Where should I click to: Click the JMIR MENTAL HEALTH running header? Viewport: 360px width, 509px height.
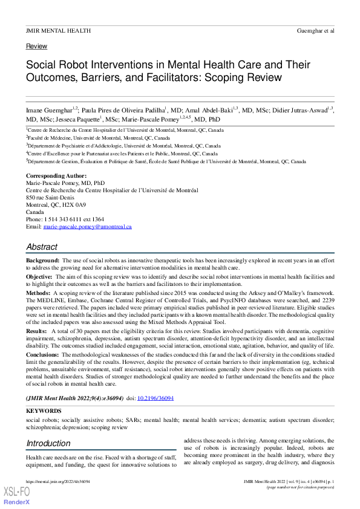(58, 30)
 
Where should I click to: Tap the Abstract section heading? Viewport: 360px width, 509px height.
(42, 247)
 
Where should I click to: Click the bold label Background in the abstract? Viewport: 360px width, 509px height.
(42, 260)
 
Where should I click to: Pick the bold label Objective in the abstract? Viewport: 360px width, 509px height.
(39, 276)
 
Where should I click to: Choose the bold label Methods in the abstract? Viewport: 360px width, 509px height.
(38, 291)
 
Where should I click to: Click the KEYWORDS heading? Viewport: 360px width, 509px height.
(44, 411)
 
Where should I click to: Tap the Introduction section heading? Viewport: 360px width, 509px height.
(48, 444)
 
